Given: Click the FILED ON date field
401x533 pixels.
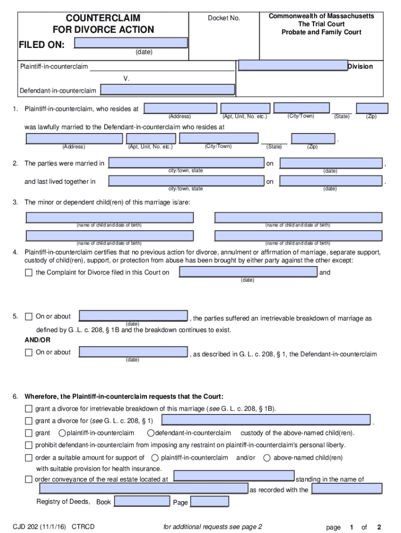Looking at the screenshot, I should click(131, 43).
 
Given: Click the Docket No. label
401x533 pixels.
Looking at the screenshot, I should click(224, 18).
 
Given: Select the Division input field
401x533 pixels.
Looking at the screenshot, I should click(293, 66).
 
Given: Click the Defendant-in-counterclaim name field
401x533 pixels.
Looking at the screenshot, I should click(167, 90).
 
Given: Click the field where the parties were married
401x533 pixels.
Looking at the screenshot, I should click(186, 163).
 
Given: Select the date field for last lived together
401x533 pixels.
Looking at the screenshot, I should click(331, 181).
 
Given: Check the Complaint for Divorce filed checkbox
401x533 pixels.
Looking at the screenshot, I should click(29, 273).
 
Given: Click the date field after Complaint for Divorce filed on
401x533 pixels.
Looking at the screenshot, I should click(248, 272).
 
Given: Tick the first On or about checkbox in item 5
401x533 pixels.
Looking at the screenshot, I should click(29, 316).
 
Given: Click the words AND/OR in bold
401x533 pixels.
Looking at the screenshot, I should click(38, 340).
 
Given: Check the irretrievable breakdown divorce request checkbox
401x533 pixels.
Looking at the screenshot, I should click(29, 409).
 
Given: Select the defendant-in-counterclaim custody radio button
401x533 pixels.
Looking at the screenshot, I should click(151, 433).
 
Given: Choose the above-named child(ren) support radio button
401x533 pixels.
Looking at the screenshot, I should click(267, 458).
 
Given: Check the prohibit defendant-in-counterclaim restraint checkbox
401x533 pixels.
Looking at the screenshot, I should click(29, 446).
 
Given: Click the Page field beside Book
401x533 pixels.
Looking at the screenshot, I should click(209, 501).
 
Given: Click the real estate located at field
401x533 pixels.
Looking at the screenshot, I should click(233, 476).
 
